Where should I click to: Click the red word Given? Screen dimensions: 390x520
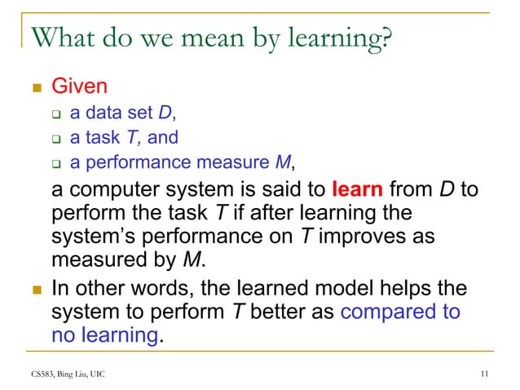point(80,85)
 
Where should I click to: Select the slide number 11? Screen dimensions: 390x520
point(485,374)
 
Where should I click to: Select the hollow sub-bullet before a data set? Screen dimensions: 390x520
point(58,112)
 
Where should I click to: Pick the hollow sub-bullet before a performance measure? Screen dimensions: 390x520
point(58,164)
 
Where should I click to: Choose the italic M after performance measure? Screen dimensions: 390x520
point(284,163)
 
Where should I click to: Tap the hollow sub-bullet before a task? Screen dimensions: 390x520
point(58,138)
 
